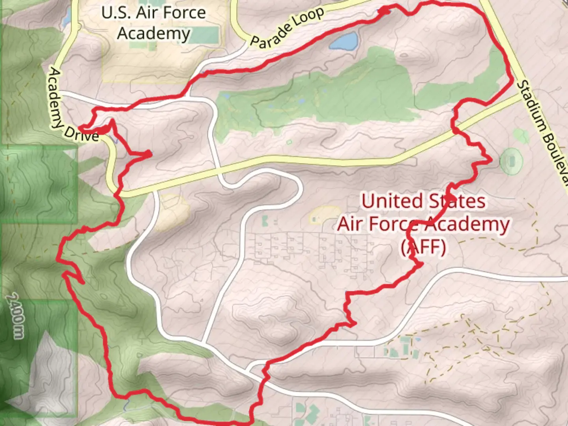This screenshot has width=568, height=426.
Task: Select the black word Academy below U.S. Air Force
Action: click(x=154, y=33)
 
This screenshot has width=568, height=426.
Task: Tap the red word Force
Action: click(x=394, y=224)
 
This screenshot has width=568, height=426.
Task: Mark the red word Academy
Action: click(x=467, y=224)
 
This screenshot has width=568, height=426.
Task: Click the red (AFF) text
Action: click(x=423, y=247)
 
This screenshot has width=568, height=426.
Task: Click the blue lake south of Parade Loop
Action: click(x=344, y=41)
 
